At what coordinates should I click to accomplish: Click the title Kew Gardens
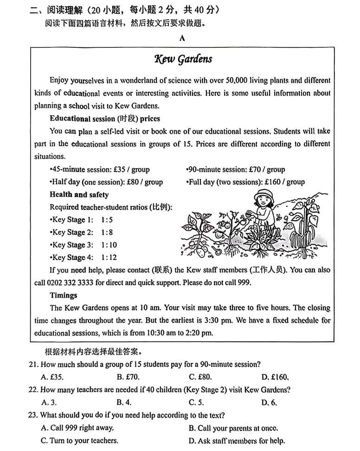(x=183, y=59)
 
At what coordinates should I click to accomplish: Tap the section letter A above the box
(x=182, y=38)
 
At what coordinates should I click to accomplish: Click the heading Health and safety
(x=79, y=195)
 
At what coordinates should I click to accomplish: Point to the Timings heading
(x=64, y=295)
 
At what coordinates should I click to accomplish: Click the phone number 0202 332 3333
(x=77, y=283)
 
